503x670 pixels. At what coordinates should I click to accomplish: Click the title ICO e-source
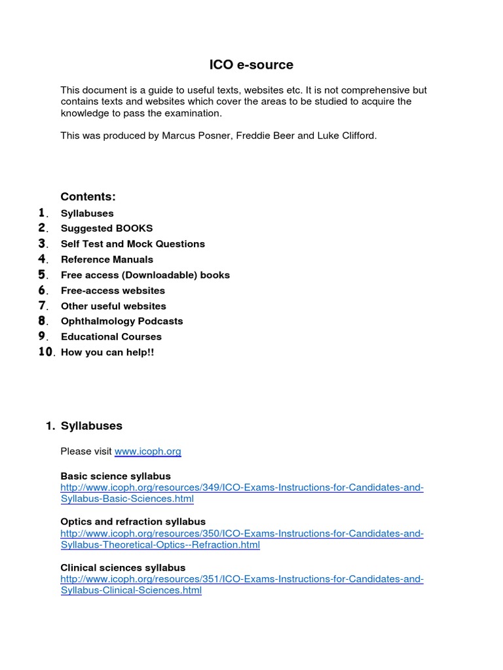[x=251, y=65]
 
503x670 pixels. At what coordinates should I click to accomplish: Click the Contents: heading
[x=88, y=197]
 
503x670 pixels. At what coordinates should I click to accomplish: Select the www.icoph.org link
[x=147, y=451]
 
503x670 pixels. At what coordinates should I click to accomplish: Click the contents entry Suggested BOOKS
[x=106, y=228]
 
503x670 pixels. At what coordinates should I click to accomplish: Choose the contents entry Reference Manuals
[x=107, y=259]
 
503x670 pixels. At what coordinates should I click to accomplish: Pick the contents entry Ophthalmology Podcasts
[x=122, y=321]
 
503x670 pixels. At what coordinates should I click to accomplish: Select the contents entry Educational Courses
[x=111, y=337]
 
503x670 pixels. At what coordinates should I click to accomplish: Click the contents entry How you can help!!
[x=107, y=352]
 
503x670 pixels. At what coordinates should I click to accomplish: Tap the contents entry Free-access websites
[x=113, y=291]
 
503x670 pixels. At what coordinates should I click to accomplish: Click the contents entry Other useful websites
[x=113, y=306]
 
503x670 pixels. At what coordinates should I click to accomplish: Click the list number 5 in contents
[x=42, y=275]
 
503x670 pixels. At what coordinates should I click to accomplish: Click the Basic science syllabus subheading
[x=115, y=476]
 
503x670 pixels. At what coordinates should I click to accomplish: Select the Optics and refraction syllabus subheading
[x=133, y=522]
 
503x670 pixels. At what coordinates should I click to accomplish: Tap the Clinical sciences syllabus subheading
[x=122, y=568]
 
